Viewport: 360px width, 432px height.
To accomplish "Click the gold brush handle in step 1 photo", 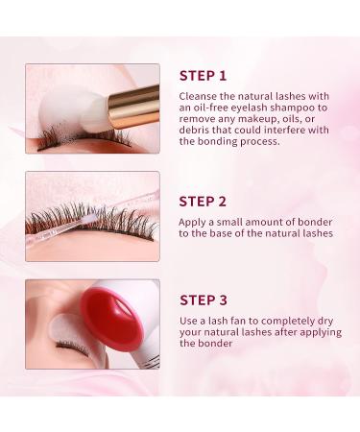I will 133,105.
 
